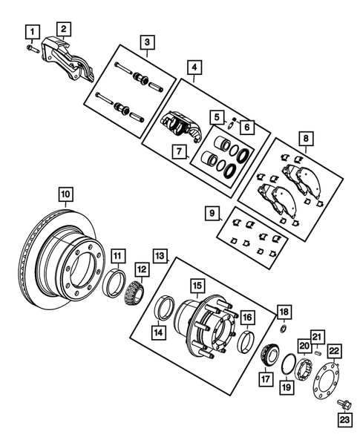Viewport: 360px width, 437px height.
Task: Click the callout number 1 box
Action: (x=30, y=30)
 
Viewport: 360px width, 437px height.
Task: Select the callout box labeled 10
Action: (x=66, y=195)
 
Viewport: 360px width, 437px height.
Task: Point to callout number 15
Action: (x=196, y=285)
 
